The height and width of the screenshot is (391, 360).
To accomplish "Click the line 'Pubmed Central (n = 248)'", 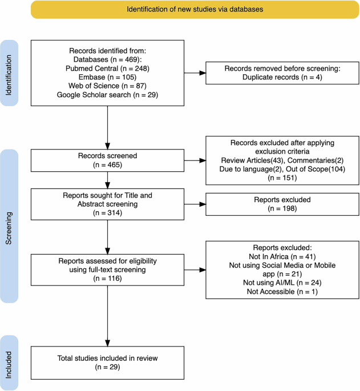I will pyautogui.click(x=107, y=68).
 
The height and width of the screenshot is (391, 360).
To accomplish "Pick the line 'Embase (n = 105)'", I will pyautogui.click(x=107, y=76).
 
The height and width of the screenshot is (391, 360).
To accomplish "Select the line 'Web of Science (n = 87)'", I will pyautogui.click(x=107, y=85).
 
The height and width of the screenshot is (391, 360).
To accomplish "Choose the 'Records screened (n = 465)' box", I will pyautogui.click(x=107, y=158).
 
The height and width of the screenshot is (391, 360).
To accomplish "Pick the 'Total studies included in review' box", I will pyautogui.click(x=107, y=362).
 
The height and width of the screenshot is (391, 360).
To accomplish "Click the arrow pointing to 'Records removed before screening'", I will pyautogui.click(x=195, y=72).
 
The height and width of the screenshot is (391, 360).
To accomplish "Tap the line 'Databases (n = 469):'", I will pyautogui.click(x=107, y=59).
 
